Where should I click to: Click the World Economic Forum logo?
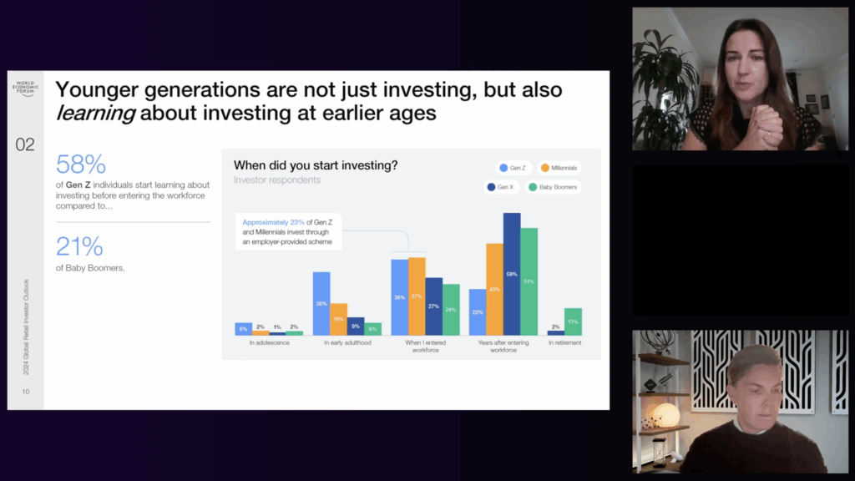(25, 87)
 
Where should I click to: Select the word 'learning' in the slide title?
(94, 113)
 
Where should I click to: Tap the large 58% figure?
(80, 164)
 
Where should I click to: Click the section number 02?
(25, 144)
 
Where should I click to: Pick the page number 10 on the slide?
(26, 392)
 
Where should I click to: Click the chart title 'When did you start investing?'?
(316, 165)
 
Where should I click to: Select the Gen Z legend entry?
(513, 168)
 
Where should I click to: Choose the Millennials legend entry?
(559, 168)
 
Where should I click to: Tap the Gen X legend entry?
(501, 187)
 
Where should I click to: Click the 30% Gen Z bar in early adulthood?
(321, 303)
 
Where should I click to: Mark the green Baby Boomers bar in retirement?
(573, 322)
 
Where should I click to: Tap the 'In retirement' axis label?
(564, 343)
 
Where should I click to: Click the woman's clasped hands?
(765, 127)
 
